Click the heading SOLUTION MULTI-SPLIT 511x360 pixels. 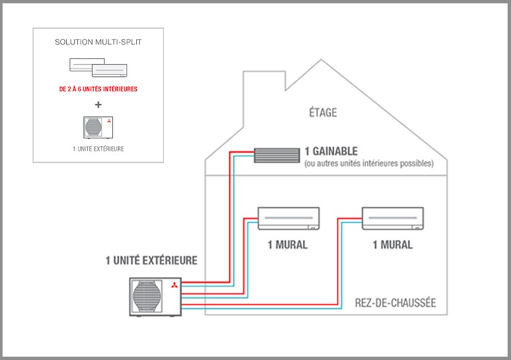pos(98,42)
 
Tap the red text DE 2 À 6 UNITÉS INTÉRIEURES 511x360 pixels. pos(98,89)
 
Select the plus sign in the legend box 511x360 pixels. pos(98,104)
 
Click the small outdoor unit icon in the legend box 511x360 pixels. pos(98,127)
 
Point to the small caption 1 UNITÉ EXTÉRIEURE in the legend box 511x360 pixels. pos(98,149)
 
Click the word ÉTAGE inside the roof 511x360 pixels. pos(323,112)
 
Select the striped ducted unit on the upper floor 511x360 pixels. pos(277,156)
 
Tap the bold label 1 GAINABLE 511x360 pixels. pos(331,151)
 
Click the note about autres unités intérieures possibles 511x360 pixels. pos(369,163)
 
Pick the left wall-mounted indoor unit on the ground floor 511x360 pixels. pos(289,218)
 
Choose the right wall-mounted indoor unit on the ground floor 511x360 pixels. pos(393,218)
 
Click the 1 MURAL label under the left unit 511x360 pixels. pos(287,245)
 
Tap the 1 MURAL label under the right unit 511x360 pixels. pos(392,245)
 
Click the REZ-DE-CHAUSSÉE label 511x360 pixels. pos(395,303)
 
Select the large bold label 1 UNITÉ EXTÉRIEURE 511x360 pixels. pos(151,260)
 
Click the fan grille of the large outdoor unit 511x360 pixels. pos(147,297)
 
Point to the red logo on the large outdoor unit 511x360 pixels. pos(174,285)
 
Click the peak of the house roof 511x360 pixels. pos(321,59)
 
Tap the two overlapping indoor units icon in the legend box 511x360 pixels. pos(98,68)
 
